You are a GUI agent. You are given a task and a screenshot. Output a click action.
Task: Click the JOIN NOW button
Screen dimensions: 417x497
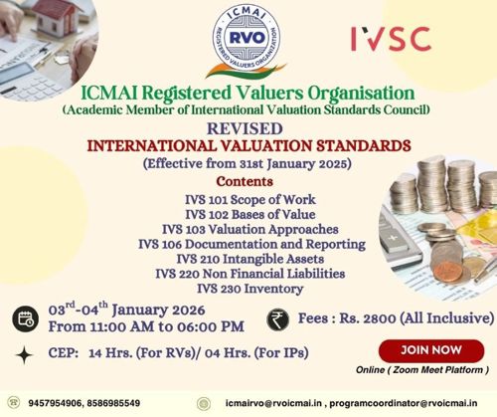429,350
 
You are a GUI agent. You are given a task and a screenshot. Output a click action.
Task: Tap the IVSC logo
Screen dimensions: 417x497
391,38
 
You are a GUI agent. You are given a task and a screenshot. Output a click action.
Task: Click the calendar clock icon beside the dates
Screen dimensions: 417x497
25,319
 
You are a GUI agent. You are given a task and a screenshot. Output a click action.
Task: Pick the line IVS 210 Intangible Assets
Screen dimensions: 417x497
248,258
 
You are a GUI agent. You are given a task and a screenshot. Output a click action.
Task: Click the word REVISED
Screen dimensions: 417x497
248,128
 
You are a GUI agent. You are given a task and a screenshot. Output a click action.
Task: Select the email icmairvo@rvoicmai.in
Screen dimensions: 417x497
271,403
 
